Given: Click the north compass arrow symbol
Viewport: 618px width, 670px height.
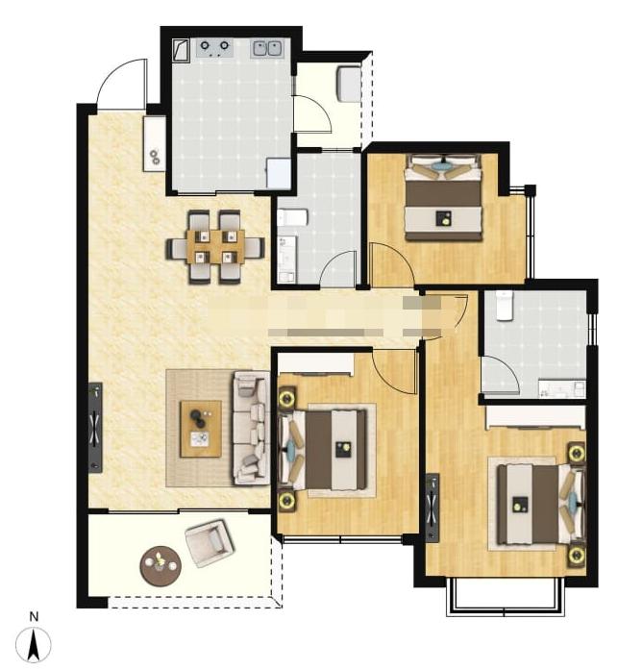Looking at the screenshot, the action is [x=34, y=644].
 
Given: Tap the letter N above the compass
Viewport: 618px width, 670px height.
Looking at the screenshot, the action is [x=35, y=616].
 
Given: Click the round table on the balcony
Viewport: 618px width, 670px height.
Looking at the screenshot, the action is [x=161, y=566].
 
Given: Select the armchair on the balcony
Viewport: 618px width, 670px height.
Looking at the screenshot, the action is [x=210, y=543].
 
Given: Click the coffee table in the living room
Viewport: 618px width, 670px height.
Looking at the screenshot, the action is [x=201, y=429].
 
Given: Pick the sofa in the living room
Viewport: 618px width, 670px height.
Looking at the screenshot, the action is [x=251, y=428].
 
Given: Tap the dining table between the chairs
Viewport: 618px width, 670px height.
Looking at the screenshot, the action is [x=215, y=246].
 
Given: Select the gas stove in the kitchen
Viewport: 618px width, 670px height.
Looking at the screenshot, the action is [x=214, y=48].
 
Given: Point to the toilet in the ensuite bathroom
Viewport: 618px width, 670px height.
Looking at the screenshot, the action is [x=505, y=306].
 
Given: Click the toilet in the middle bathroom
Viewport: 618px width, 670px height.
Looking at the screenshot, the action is [x=292, y=217].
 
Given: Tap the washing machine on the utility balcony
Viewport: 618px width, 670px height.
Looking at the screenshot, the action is [x=349, y=84].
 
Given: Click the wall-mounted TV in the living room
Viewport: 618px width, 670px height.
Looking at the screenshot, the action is [x=96, y=428].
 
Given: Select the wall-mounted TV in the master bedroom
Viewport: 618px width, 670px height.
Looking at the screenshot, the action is [x=433, y=508].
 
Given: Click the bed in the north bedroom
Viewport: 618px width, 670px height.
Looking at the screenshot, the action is [x=444, y=197].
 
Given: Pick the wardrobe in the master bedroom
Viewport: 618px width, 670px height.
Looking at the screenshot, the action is [x=535, y=417].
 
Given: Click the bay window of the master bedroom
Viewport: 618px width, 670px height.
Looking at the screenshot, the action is [x=506, y=597].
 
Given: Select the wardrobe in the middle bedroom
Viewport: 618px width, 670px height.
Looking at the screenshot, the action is [x=315, y=364].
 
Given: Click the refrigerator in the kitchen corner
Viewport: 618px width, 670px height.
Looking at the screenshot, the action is [x=279, y=173].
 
